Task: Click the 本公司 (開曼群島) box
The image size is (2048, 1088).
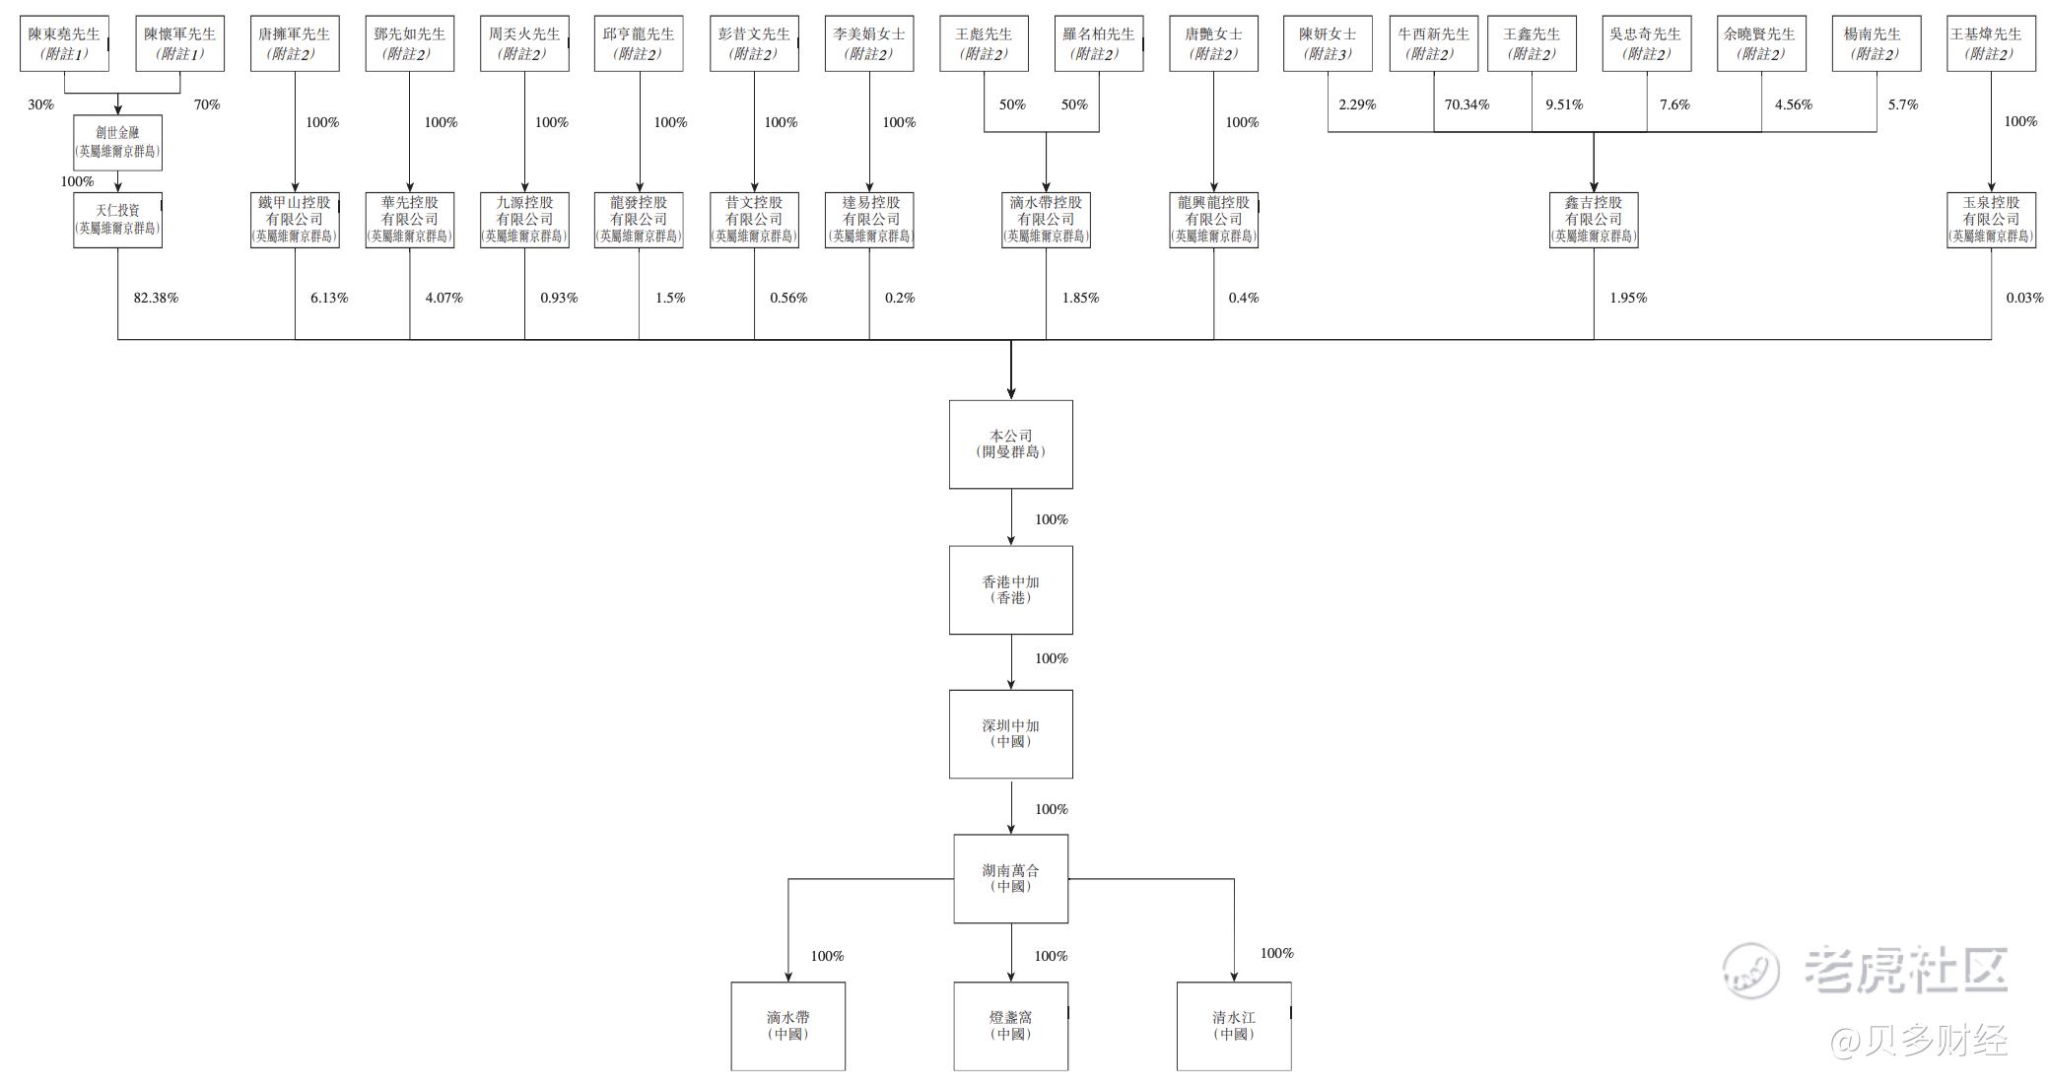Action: coord(1010,443)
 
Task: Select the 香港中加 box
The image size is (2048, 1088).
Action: coord(1010,589)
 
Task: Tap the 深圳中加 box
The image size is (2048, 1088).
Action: coord(1010,733)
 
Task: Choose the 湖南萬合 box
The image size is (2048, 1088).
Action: coord(1010,878)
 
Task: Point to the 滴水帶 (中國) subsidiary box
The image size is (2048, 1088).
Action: coord(787,1025)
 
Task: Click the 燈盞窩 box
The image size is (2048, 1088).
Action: coord(1010,1025)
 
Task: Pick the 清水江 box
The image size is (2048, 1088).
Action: coord(1233,1025)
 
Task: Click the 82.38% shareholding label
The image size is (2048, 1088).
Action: coord(156,298)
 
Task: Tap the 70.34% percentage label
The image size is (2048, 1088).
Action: coord(1467,104)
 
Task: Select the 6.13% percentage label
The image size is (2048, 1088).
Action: coord(329,298)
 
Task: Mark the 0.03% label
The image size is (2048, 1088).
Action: coord(2024,298)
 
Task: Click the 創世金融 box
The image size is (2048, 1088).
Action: coord(117,142)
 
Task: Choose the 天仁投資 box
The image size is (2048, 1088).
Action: coord(117,219)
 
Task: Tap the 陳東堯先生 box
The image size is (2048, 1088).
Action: coord(64,43)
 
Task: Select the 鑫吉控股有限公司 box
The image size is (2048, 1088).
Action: coord(1593,219)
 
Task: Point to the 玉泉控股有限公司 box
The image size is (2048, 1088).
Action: coord(1991,219)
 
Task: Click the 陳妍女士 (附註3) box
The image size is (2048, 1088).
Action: coord(1327,43)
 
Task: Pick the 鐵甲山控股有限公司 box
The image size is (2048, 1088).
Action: coord(295,219)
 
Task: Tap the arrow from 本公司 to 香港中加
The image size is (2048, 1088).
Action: coord(1011,516)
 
